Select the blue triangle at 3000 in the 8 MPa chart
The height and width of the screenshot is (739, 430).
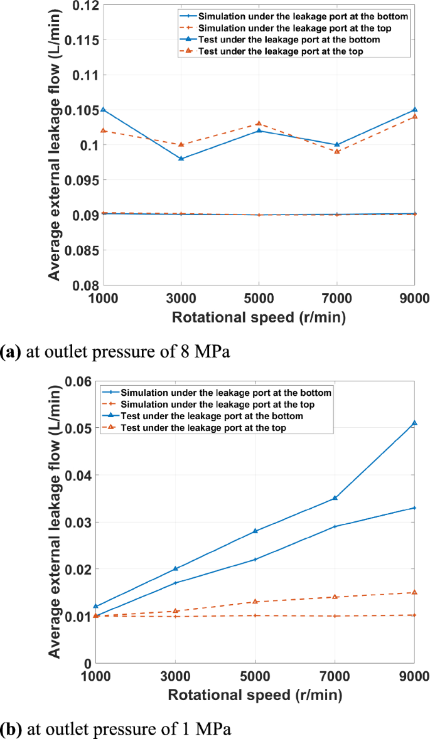click(181, 159)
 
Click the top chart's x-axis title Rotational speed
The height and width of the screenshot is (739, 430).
click(259, 318)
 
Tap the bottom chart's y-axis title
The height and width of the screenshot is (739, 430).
click(55, 522)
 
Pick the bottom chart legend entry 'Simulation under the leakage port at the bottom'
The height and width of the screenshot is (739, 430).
click(226, 393)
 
